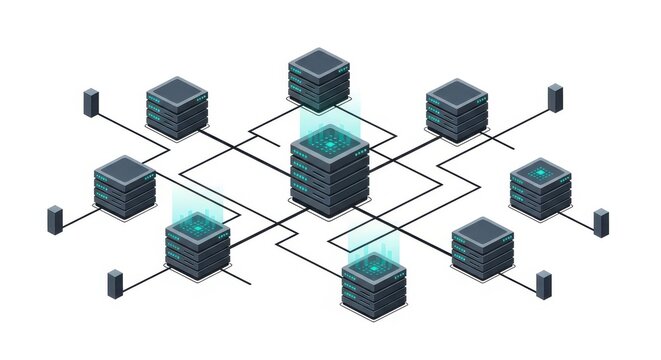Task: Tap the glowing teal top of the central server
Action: coord(329,144)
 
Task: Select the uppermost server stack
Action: coord(319,79)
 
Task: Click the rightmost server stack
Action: coord(541,188)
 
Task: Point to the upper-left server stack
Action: coord(177,108)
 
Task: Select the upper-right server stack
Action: coord(456,110)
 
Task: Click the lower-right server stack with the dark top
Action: coord(482,248)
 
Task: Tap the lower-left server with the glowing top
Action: coord(198,246)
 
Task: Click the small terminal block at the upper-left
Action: coord(91,103)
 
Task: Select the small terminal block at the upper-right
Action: coord(555,98)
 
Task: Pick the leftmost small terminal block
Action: coord(55,220)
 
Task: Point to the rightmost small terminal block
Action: coord(601,222)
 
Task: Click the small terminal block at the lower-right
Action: coord(544,284)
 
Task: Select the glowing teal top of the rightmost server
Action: coord(541,172)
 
